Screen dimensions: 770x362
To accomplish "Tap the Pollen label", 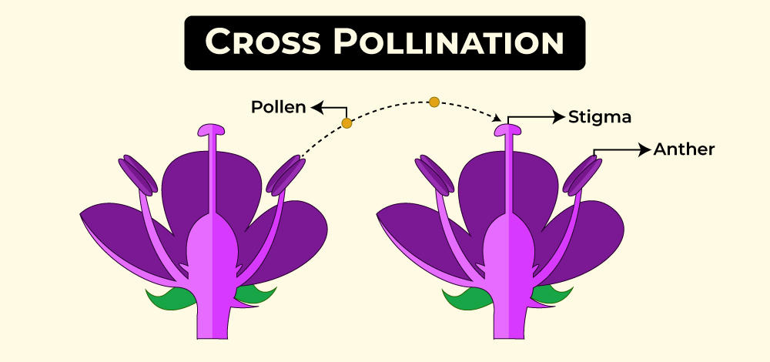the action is [x=279, y=107].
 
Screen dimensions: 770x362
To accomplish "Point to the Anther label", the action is [x=684, y=149].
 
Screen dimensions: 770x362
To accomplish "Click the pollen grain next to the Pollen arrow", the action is [x=346, y=123].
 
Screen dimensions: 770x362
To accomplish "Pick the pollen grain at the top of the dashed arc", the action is [x=434, y=102].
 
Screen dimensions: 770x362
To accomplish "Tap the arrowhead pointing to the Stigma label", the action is [x=560, y=118].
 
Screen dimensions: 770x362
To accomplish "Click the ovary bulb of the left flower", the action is [x=212, y=246].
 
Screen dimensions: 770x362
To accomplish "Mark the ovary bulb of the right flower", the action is [x=507, y=246].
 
